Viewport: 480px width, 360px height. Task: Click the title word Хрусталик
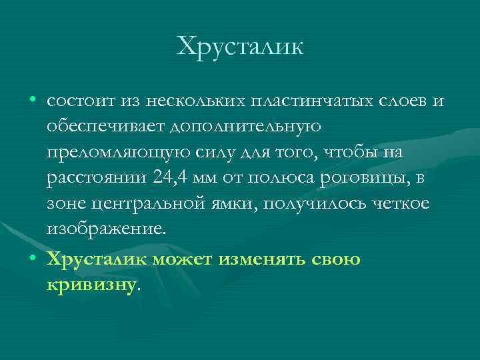coord(240,46)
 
